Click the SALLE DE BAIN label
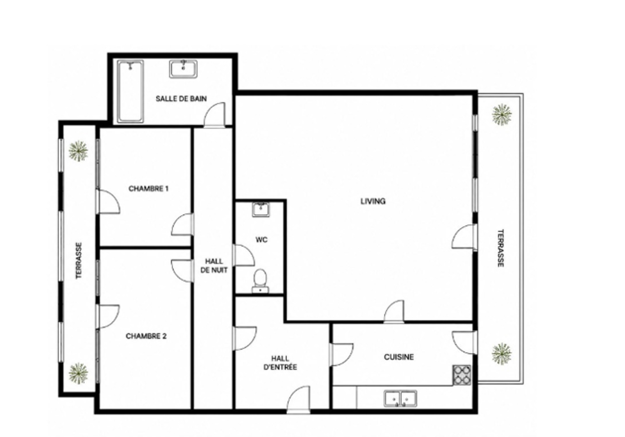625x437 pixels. point(181,99)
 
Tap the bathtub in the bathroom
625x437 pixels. point(130,91)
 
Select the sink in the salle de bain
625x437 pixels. point(183,69)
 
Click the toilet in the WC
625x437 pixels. point(260,281)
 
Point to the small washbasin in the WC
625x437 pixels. point(261,210)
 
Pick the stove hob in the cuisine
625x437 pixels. point(462,375)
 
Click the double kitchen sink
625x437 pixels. point(400,398)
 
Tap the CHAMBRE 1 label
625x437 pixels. point(148,189)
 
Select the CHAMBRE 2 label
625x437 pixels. point(146,336)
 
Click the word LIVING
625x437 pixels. point(373,201)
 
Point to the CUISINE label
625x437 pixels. point(399,357)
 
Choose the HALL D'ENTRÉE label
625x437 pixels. point(280,363)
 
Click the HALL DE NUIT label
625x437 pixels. point(214,265)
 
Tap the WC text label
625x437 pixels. point(261,240)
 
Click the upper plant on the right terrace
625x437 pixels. point(502,115)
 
